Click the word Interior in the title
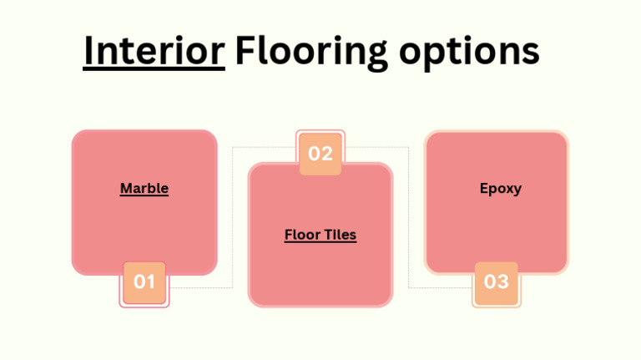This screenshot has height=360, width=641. pyautogui.click(x=154, y=52)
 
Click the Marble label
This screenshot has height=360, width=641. pyautogui.click(x=144, y=189)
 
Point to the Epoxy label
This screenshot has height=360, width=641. pyautogui.click(x=501, y=189)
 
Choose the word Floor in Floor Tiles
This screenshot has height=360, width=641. pyautogui.click(x=301, y=235)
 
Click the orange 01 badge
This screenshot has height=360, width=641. pyautogui.click(x=144, y=282)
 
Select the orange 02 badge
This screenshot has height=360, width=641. pyautogui.click(x=320, y=154)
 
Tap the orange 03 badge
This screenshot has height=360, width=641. pyautogui.click(x=497, y=282)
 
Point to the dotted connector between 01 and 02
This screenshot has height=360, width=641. pyautogui.click(x=232, y=217)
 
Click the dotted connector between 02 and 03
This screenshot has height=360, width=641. pyautogui.click(x=408, y=217)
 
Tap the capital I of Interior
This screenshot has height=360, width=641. pyautogui.click(x=88, y=52)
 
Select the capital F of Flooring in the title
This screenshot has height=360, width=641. pyautogui.click(x=243, y=52)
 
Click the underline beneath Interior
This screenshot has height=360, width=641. pyautogui.click(x=154, y=69)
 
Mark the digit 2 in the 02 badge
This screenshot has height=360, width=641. pyautogui.click(x=327, y=154)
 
